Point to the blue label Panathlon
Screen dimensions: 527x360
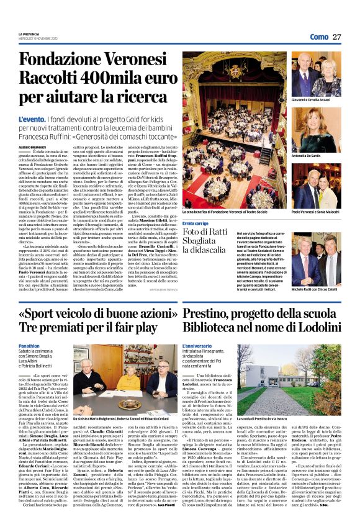pos(29,346)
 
